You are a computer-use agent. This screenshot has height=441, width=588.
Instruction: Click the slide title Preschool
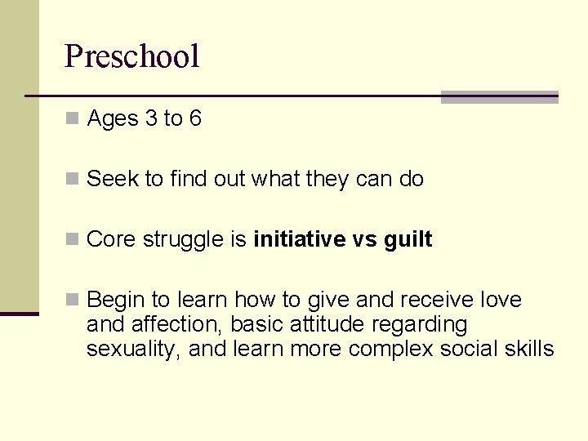coord(131,57)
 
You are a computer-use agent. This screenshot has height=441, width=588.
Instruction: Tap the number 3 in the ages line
coord(151,119)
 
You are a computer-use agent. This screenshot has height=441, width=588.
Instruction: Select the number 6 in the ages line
coord(195,119)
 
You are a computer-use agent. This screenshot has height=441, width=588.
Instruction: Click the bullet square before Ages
coord(73,119)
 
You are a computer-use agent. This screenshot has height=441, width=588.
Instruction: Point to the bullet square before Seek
coord(73,179)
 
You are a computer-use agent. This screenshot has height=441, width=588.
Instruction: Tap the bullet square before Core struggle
coord(73,239)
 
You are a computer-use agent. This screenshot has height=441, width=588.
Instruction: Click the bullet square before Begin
coord(73,300)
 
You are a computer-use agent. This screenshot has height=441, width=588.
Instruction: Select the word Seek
coord(113,179)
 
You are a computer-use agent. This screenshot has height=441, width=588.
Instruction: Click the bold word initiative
coord(300,239)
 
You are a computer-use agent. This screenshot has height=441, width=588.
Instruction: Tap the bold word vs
coord(361,239)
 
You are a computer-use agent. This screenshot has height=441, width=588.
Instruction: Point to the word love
coord(499,300)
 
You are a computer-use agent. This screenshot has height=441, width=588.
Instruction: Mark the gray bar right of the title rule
coord(499,97)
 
